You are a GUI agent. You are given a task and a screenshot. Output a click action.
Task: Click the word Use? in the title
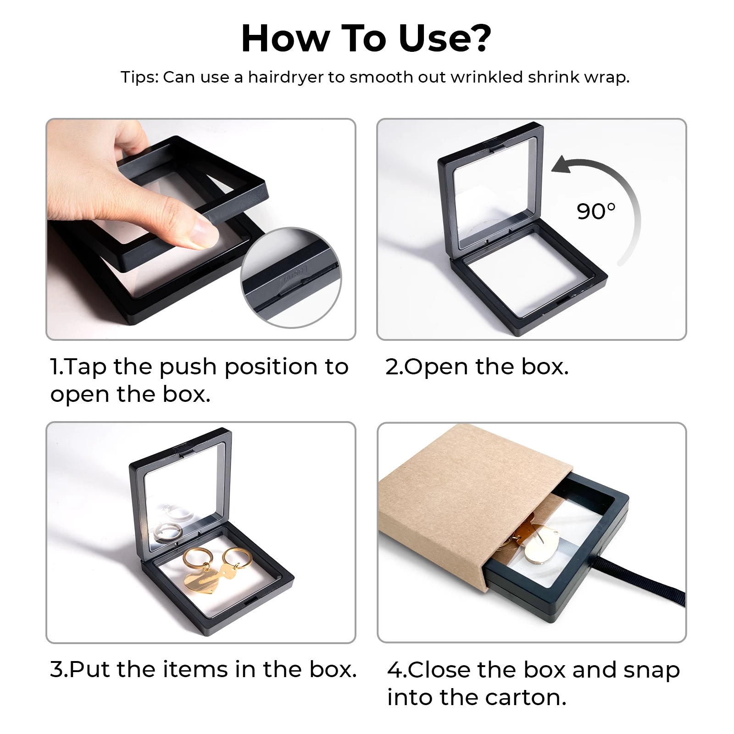coord(445,39)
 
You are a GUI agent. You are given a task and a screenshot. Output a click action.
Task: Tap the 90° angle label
coord(595,211)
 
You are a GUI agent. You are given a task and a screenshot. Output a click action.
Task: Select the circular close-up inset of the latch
coord(291,278)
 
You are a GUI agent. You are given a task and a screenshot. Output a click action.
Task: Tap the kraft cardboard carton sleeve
coord(473,505)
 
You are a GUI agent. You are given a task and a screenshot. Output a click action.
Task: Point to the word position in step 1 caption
coord(271,367)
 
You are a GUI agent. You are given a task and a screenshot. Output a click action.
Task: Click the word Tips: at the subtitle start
coord(139,78)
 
